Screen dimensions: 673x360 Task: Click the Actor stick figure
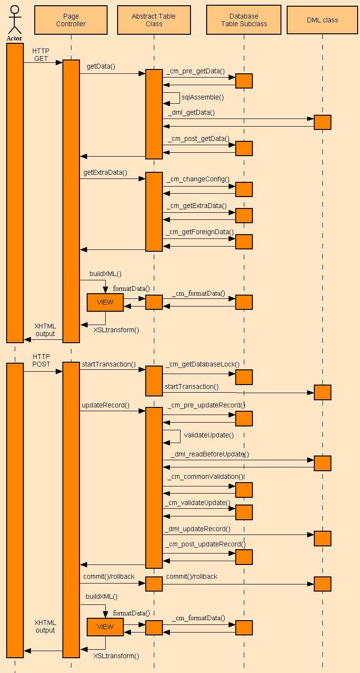(15, 20)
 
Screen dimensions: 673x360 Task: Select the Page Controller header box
(71, 20)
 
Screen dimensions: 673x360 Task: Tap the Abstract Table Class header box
(154, 20)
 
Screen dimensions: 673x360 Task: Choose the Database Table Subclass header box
(244, 20)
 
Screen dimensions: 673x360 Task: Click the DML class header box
(322, 20)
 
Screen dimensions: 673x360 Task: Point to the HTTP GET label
(41, 54)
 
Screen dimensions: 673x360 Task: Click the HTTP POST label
(41, 360)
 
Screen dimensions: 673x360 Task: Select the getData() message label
(101, 67)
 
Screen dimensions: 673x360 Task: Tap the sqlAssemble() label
(202, 97)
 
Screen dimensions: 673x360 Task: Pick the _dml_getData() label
(191, 112)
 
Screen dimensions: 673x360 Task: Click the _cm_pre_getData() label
(196, 71)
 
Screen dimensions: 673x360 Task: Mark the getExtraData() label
(105, 172)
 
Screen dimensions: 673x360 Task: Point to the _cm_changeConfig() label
(198, 179)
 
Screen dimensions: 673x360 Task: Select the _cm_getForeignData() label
(200, 232)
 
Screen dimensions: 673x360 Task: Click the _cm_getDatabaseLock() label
(202, 364)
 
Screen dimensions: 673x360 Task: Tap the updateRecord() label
(106, 405)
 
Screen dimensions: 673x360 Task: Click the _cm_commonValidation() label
(205, 476)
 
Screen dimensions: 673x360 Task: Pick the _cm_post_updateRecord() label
(205, 544)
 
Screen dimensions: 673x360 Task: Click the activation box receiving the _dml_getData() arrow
(322, 122)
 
